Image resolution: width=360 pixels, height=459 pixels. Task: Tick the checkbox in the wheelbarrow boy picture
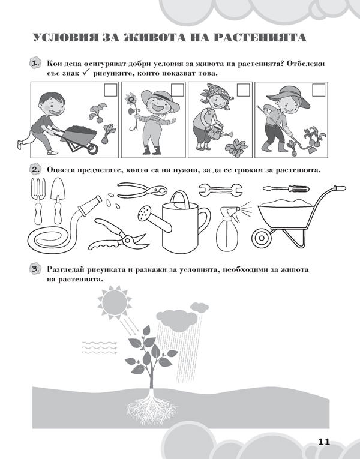110,90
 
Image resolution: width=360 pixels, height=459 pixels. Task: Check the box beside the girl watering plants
243,90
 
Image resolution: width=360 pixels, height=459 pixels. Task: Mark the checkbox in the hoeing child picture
319,90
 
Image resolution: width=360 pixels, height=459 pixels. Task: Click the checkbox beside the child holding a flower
178,90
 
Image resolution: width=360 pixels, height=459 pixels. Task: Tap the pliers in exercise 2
142,189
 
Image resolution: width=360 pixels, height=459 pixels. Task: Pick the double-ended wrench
220,190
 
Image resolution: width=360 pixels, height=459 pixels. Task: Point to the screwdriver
286,188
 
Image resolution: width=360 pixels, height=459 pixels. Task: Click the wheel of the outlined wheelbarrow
262,238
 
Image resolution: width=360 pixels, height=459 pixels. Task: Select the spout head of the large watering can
144,213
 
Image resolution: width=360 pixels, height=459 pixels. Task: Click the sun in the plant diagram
115,303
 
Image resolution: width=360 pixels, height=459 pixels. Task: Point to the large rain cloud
176,320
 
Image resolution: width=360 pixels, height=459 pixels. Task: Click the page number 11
324,442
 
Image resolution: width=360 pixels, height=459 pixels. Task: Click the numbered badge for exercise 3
35,269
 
